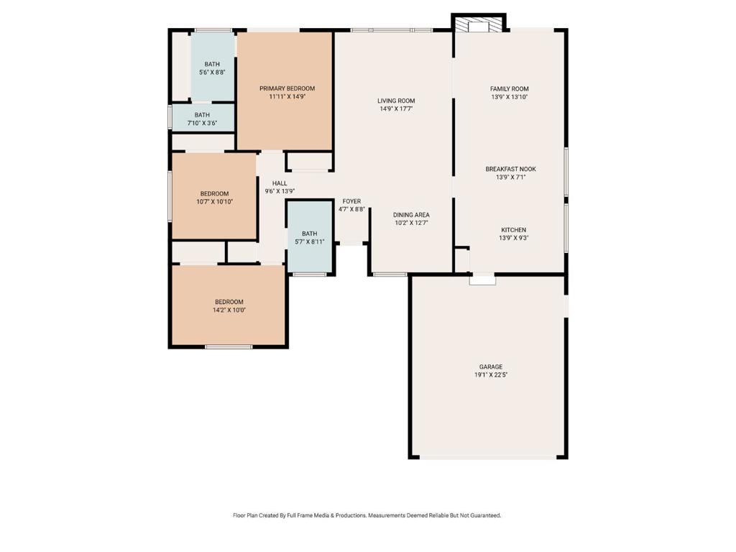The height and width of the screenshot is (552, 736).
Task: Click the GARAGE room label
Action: (490, 367)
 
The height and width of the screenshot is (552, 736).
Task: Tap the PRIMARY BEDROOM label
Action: (287, 88)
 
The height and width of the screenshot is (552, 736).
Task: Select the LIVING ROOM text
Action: (396, 101)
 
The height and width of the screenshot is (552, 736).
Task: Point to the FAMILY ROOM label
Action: (510, 88)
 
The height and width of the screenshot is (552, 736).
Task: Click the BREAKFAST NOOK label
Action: (511, 169)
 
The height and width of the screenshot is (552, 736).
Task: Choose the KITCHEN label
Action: (513, 230)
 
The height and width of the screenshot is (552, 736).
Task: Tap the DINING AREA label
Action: (411, 215)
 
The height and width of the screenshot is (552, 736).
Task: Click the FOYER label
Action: (351, 201)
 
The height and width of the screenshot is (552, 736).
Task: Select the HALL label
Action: (280, 183)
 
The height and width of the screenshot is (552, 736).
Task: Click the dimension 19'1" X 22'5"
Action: (491, 375)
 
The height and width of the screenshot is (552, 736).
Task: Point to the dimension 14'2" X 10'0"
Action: (229, 310)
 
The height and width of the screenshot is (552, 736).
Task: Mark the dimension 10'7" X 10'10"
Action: (214, 202)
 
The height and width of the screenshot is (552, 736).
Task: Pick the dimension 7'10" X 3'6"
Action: (202, 124)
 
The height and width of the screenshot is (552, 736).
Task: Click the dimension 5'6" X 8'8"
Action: (212, 73)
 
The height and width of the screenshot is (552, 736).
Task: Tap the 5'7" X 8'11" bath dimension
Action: (309, 242)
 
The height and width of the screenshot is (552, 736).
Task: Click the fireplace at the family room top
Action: (479, 26)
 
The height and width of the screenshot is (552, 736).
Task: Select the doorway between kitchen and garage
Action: (482, 279)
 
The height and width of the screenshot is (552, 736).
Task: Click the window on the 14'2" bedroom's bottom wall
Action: (229, 347)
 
